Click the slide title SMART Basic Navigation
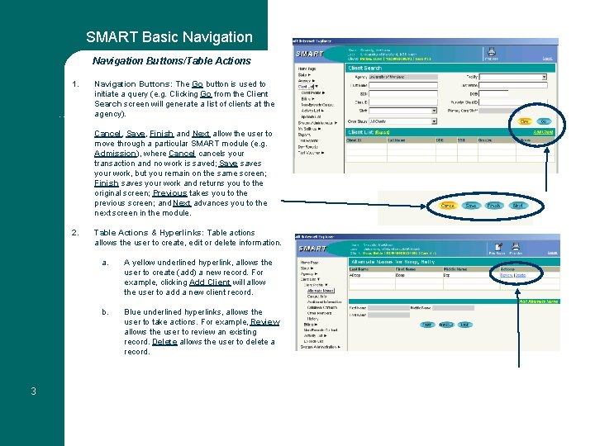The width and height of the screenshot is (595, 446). pyautogui.click(x=169, y=37)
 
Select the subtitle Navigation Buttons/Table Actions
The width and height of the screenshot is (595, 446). pyautogui.click(x=171, y=60)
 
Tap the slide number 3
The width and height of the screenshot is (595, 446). pyautogui.click(x=33, y=391)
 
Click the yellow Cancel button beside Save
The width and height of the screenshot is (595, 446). pyautogui.click(x=448, y=205)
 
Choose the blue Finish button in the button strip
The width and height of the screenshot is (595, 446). pyautogui.click(x=493, y=205)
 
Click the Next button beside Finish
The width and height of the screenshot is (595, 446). pyautogui.click(x=517, y=205)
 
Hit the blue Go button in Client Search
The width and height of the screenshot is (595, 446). pyautogui.click(x=545, y=121)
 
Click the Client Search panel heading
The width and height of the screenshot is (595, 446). pyautogui.click(x=365, y=69)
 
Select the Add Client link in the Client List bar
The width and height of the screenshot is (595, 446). pyautogui.click(x=542, y=131)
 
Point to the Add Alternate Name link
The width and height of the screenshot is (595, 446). pyautogui.click(x=538, y=301)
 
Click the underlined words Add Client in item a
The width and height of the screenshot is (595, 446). pyautogui.click(x=210, y=282)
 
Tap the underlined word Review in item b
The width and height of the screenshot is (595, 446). pyautogui.click(x=265, y=322)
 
